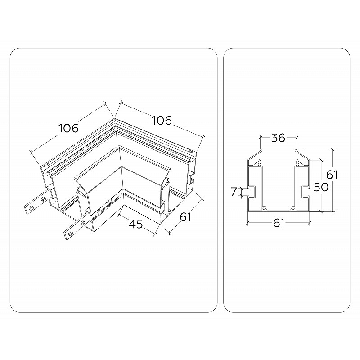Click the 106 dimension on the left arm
[69, 128]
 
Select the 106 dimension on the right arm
[162, 121]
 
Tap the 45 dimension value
[136, 224]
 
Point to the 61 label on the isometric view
[185, 217]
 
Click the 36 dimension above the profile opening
[278, 138]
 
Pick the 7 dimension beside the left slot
[234, 192]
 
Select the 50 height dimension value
[321, 187]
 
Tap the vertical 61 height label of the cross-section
[332, 175]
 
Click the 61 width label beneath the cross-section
[279, 223]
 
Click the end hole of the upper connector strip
[31, 208]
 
